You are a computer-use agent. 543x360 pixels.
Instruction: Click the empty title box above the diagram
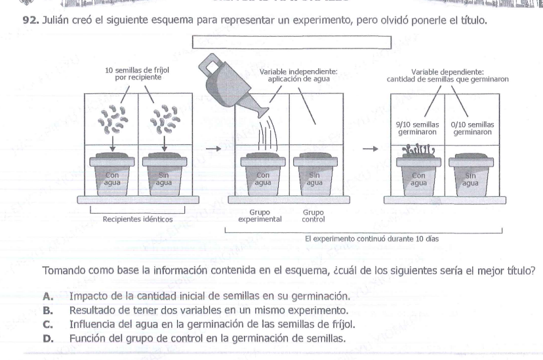pos(291,43)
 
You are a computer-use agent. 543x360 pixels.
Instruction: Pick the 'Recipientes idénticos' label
pos(138,220)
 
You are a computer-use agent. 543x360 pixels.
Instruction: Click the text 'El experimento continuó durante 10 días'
pos(372,239)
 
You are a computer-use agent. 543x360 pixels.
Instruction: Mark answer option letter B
pos(48,310)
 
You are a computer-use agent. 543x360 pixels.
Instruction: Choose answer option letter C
pos(48,324)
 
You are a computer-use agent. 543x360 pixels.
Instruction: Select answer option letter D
pos(48,338)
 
